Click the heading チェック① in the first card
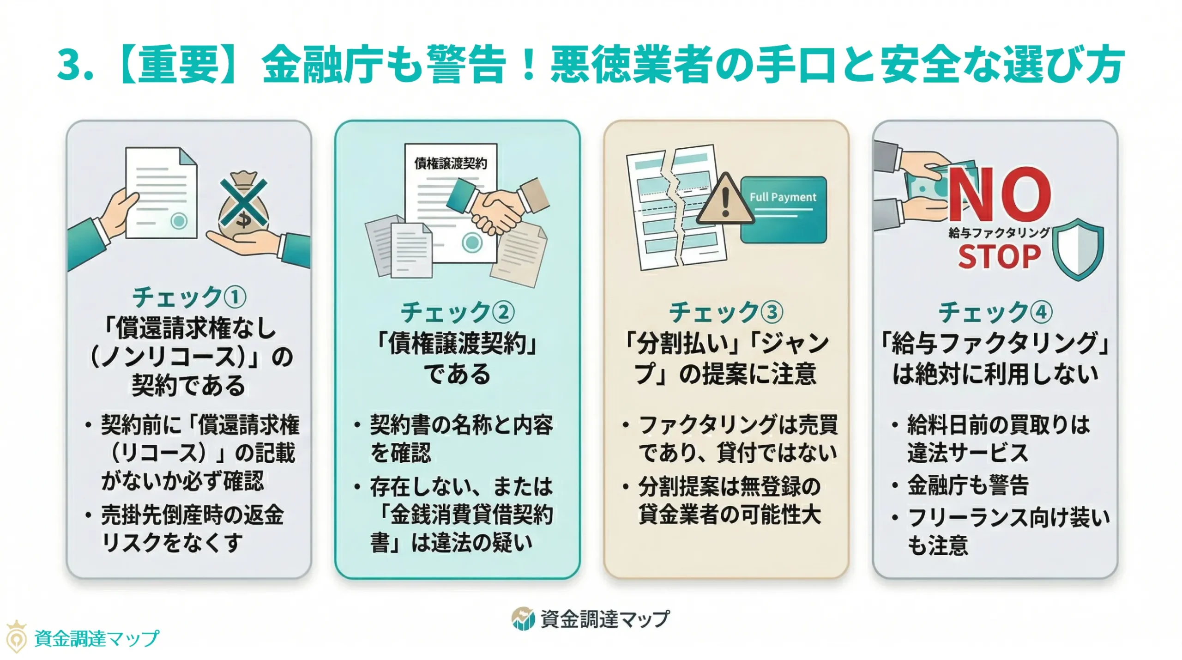[x=189, y=297]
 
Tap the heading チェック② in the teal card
[x=457, y=312]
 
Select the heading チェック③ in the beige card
[x=726, y=312]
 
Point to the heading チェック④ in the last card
[x=995, y=312]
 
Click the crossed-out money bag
[x=243, y=202]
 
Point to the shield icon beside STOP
[x=1078, y=249]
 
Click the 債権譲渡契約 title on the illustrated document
[x=450, y=163]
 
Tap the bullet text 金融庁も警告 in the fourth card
[x=968, y=485]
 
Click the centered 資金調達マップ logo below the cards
[x=591, y=619]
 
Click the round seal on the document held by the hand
[x=179, y=221]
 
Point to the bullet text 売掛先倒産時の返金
[x=192, y=515]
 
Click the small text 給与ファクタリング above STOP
[x=999, y=232]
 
